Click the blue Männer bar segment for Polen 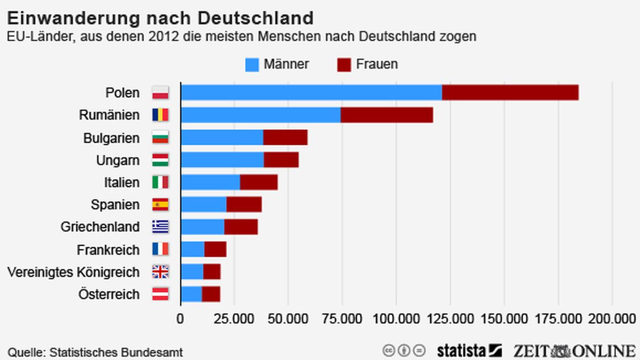[x=311, y=93]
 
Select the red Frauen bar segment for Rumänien [x=386, y=115]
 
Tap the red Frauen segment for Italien [x=258, y=182]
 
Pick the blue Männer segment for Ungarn [x=222, y=160]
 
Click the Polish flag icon [x=160, y=93]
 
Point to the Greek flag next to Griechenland [x=160, y=227]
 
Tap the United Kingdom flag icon [x=160, y=271]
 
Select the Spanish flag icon [x=160, y=204]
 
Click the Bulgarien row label [x=111, y=138]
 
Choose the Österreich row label [x=109, y=294]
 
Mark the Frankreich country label [x=108, y=250]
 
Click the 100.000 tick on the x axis [x=396, y=319]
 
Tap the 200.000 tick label [x=612, y=319]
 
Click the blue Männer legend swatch [x=252, y=65]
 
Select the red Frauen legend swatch [x=344, y=65]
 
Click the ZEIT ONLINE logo [x=574, y=351]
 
